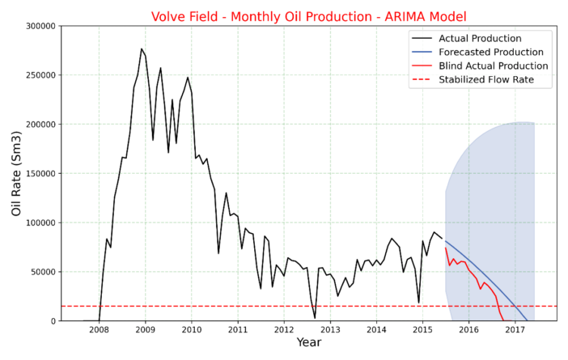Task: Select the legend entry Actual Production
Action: click(x=480, y=38)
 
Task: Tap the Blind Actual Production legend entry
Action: click(x=493, y=66)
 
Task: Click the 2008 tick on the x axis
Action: click(x=99, y=330)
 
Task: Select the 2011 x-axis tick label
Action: click(x=238, y=330)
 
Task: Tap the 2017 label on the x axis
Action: click(x=515, y=330)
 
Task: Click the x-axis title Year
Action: click(x=308, y=344)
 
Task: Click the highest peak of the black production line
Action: click(x=142, y=49)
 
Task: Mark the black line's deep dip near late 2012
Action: click(x=315, y=318)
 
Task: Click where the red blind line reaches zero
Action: click(x=503, y=320)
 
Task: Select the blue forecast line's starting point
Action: click(x=445, y=240)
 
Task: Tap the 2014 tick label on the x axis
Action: click(x=376, y=330)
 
